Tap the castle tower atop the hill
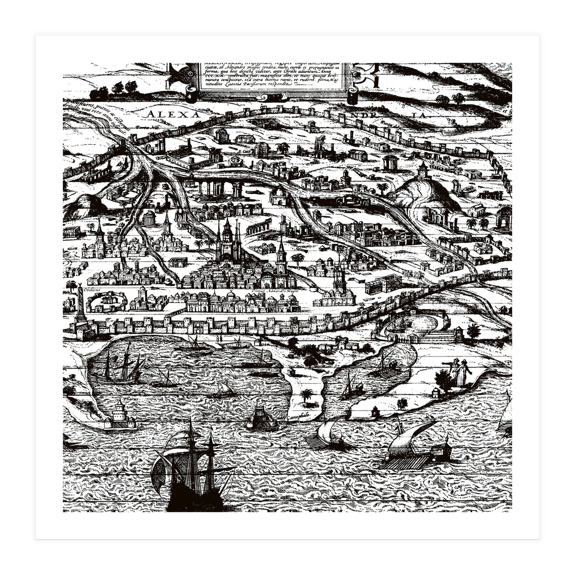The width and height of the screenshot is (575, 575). point(423,170)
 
